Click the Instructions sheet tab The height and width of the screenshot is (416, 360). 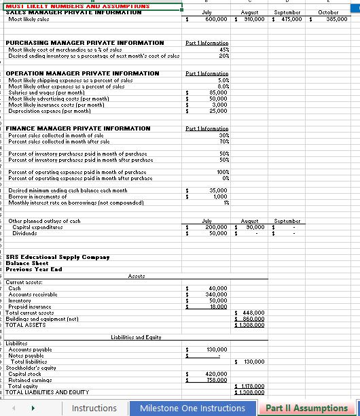(94, 408)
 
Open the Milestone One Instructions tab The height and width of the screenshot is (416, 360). (192, 408)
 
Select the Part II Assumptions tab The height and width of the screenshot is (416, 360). (306, 408)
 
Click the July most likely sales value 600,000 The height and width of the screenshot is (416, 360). (215, 19)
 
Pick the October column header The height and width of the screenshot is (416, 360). (332, 12)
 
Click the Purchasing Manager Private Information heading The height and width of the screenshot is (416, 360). (84, 42)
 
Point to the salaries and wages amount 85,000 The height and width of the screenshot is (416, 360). (217, 92)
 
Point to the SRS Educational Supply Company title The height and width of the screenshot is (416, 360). (57, 256)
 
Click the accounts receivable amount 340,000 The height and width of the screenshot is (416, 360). (216, 294)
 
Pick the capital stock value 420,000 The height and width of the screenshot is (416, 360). (216, 374)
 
